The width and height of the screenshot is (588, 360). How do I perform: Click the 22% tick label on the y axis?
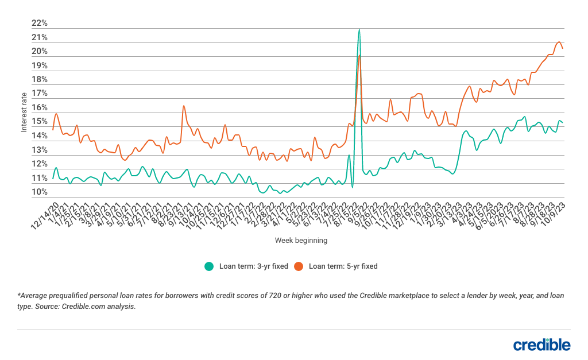(40, 24)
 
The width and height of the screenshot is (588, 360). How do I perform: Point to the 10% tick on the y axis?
(40, 192)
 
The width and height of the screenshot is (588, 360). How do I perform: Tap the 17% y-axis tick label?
(40, 94)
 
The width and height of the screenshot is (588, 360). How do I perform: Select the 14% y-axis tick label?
(40, 136)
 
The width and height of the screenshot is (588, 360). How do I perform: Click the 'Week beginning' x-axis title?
(301, 241)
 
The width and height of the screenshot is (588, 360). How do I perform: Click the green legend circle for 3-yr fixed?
(209, 266)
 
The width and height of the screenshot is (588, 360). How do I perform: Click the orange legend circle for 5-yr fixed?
(299, 266)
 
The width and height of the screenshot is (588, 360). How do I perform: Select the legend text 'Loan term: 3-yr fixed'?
(253, 266)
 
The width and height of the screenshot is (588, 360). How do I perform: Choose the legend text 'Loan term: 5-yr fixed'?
(343, 266)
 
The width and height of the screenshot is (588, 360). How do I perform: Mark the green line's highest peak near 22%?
(359, 29)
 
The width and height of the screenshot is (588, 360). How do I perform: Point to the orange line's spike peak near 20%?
(359, 55)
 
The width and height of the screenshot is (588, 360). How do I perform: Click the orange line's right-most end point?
(563, 48)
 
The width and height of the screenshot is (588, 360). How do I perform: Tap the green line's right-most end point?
(563, 122)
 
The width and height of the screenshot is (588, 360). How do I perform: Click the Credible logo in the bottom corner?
(541, 344)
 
